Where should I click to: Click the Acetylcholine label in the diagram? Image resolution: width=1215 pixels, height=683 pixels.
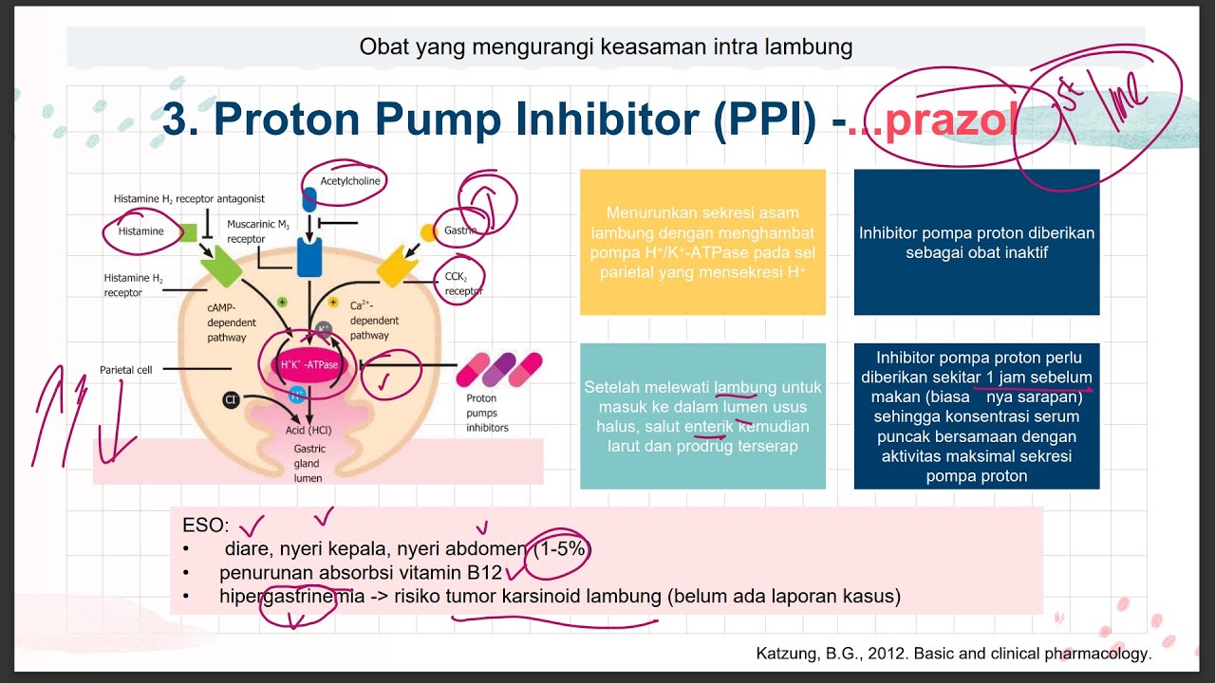pos(343,180)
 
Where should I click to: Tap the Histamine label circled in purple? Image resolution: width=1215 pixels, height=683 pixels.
pos(140,231)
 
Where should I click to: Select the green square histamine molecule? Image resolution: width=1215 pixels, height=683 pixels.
pos(188,232)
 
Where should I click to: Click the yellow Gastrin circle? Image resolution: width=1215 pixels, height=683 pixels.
pos(428,231)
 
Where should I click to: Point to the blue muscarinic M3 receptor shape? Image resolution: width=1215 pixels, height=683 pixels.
pos(309,256)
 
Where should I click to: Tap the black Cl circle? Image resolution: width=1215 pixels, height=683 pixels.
pos(231,400)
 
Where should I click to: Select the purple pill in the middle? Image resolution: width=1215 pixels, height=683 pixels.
pos(499,369)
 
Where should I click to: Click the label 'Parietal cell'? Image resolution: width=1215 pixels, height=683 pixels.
pos(125,369)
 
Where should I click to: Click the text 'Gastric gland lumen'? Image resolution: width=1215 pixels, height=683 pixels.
pos(308,463)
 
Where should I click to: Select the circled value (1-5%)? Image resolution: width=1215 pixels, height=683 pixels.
pos(561,548)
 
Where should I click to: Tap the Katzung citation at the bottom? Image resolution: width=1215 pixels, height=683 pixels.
pos(953,653)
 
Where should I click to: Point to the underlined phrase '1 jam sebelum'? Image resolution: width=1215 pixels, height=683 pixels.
pos(1038,377)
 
